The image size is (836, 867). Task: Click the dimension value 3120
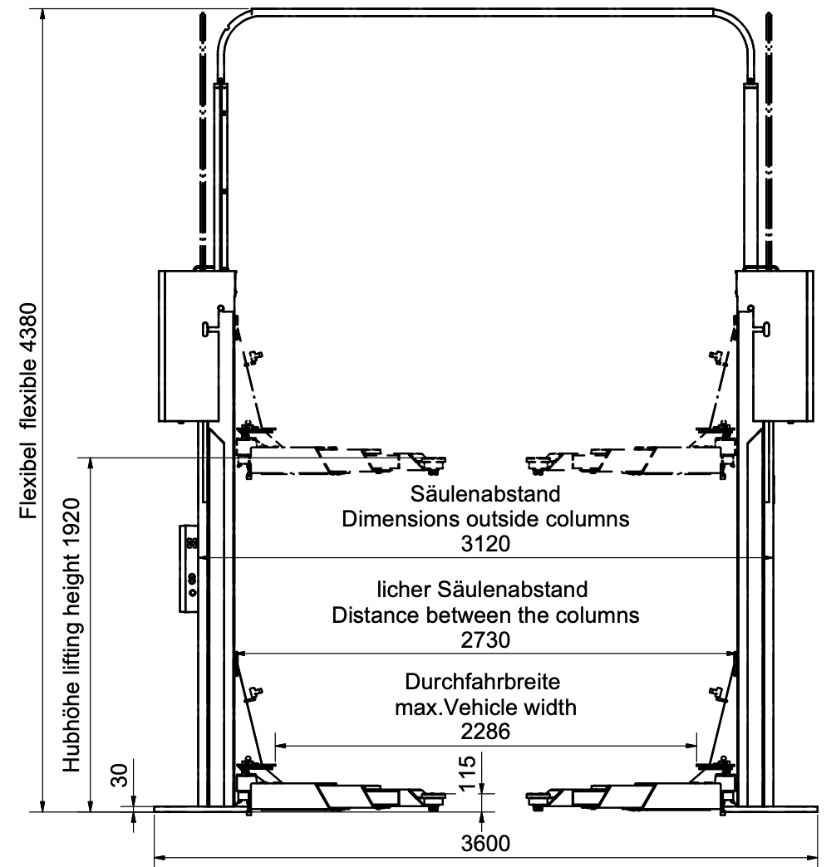click(x=485, y=543)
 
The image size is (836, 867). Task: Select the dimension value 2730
click(x=485, y=639)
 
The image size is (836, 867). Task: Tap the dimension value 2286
click(x=485, y=732)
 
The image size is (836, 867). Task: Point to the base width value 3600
click(x=485, y=844)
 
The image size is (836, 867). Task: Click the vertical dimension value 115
click(x=468, y=772)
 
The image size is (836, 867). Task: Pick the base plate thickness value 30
click(x=120, y=774)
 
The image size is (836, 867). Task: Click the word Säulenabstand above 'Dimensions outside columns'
click(x=485, y=494)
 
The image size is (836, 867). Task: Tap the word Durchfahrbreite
click(x=483, y=681)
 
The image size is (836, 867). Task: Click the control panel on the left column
click(x=189, y=568)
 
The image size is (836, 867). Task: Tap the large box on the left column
click(x=189, y=346)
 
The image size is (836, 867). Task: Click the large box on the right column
click(x=783, y=346)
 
